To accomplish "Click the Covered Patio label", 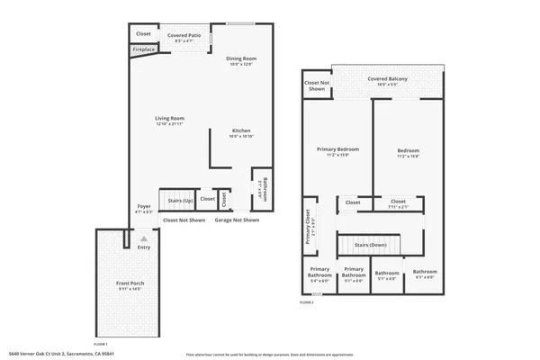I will coord(183,35).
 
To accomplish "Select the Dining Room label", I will coord(240,58).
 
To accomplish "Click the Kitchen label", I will coord(241,130).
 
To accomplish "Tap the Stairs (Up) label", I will coord(181,201).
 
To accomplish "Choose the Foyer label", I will coord(144,206).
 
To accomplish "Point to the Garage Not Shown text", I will coord(237,220).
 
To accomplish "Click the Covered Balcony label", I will coord(387,79).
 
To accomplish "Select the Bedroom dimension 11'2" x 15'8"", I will coord(409,157).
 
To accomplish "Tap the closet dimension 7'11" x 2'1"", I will coord(398,207).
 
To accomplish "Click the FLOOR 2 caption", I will coord(307,303).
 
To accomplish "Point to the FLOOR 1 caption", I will coord(101,344).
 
